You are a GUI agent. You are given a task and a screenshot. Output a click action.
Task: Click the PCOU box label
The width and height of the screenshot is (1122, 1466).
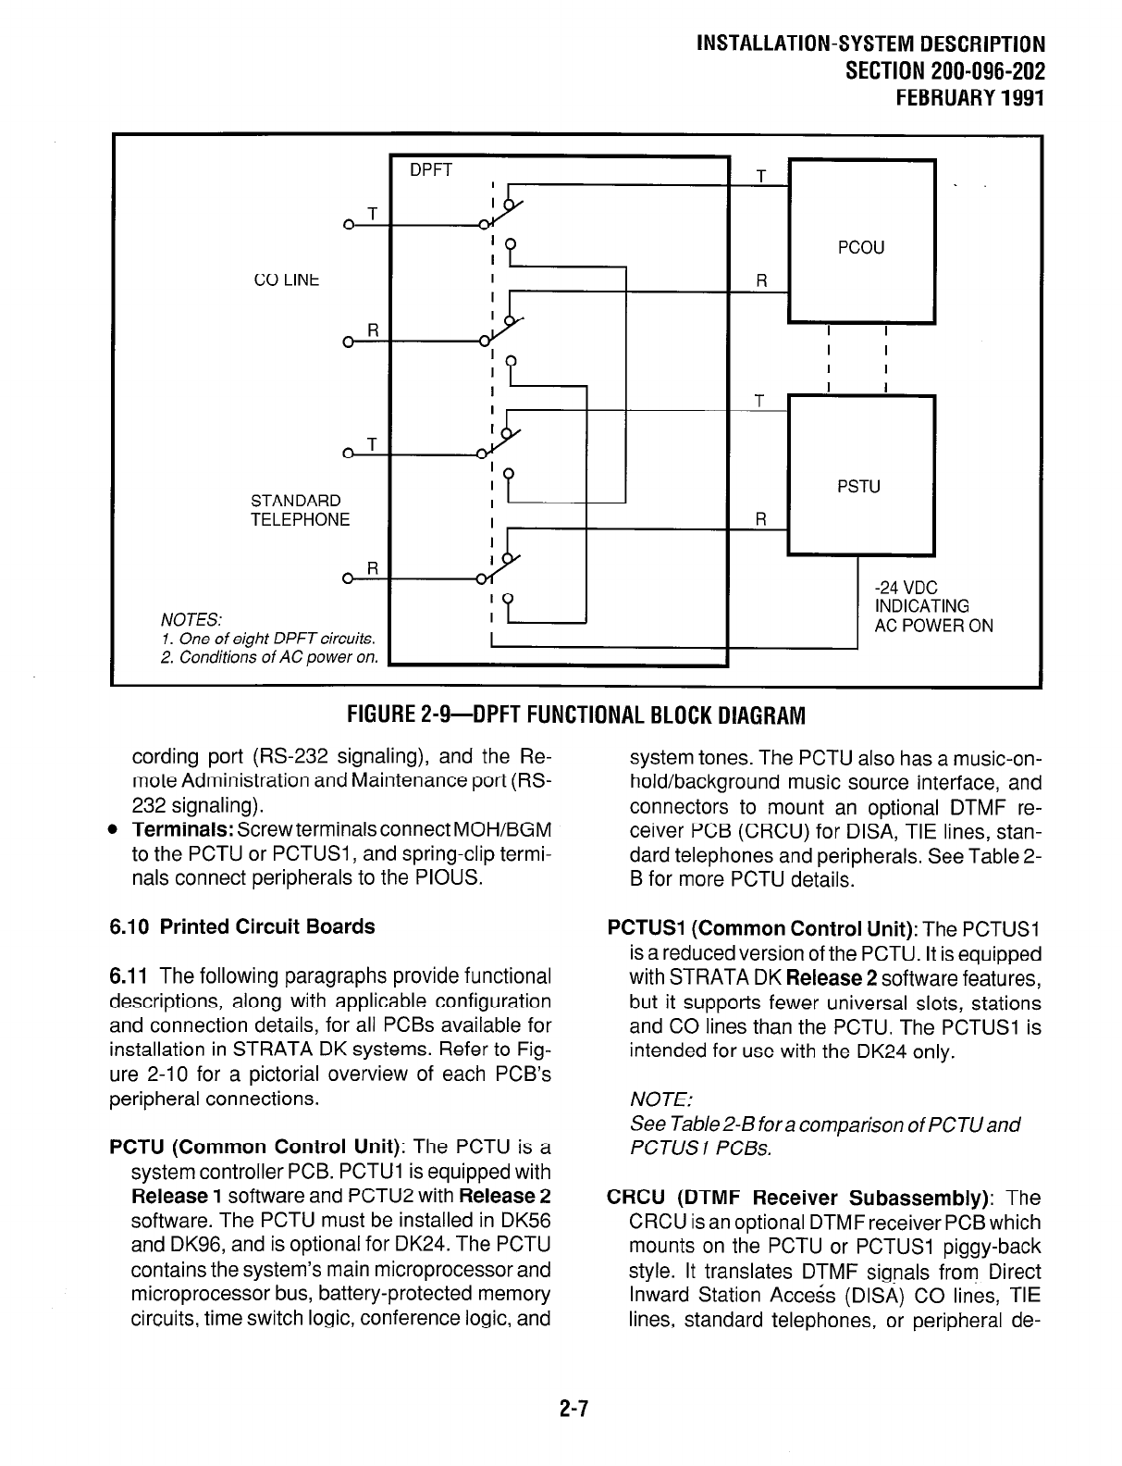point(860,247)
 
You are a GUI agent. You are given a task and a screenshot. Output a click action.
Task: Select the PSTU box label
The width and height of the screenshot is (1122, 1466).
point(858,485)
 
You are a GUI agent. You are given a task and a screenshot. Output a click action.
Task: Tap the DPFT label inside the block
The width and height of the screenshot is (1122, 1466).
point(431,169)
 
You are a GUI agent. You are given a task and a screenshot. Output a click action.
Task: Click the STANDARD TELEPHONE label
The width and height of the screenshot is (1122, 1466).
point(300,510)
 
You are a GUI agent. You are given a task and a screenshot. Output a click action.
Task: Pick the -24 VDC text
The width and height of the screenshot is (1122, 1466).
point(906,588)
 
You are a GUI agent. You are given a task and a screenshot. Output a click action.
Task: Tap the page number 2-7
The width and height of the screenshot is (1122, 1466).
point(573,1410)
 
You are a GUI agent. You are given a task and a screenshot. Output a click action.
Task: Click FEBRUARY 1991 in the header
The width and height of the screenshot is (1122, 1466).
point(963,97)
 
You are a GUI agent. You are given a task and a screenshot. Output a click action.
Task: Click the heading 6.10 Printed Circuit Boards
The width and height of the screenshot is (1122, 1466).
point(242,926)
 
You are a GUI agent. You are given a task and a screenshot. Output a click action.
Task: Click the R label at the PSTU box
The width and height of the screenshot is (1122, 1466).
point(761,519)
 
